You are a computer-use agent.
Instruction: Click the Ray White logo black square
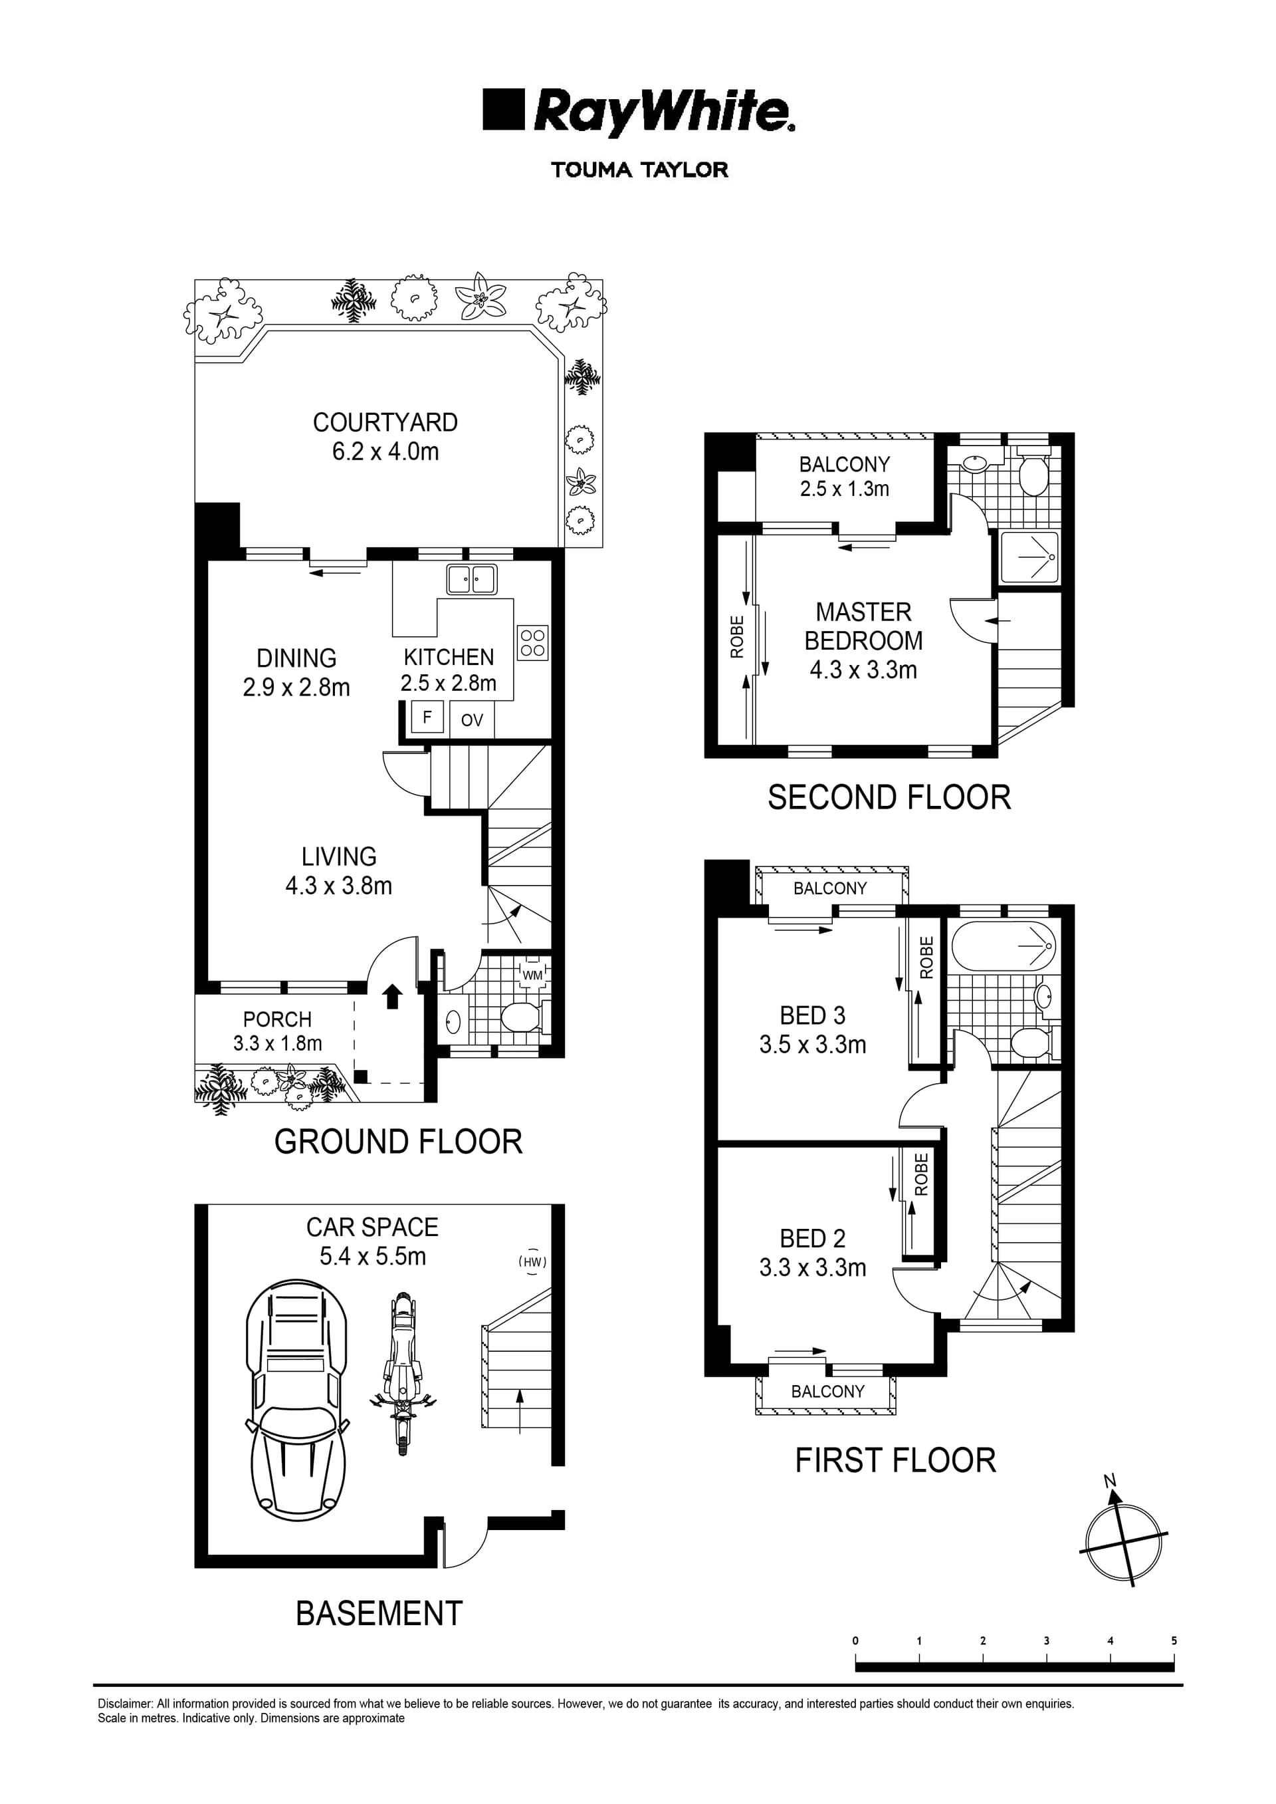[503, 109]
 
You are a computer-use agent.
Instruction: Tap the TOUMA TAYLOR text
[639, 170]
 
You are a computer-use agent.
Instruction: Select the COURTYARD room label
[385, 423]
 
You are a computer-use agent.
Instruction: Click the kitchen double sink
[471, 579]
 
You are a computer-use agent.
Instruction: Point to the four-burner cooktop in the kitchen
[533, 643]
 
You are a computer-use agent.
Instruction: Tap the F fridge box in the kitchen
[427, 717]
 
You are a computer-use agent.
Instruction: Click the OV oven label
[471, 720]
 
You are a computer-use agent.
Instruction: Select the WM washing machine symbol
[533, 975]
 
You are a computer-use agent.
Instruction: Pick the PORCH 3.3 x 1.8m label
[277, 1031]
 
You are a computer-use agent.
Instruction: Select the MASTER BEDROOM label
[863, 626]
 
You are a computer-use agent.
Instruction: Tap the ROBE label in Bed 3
[926, 958]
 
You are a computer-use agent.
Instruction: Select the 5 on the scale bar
[1174, 1640]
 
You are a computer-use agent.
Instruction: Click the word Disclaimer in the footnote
[124, 1704]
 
